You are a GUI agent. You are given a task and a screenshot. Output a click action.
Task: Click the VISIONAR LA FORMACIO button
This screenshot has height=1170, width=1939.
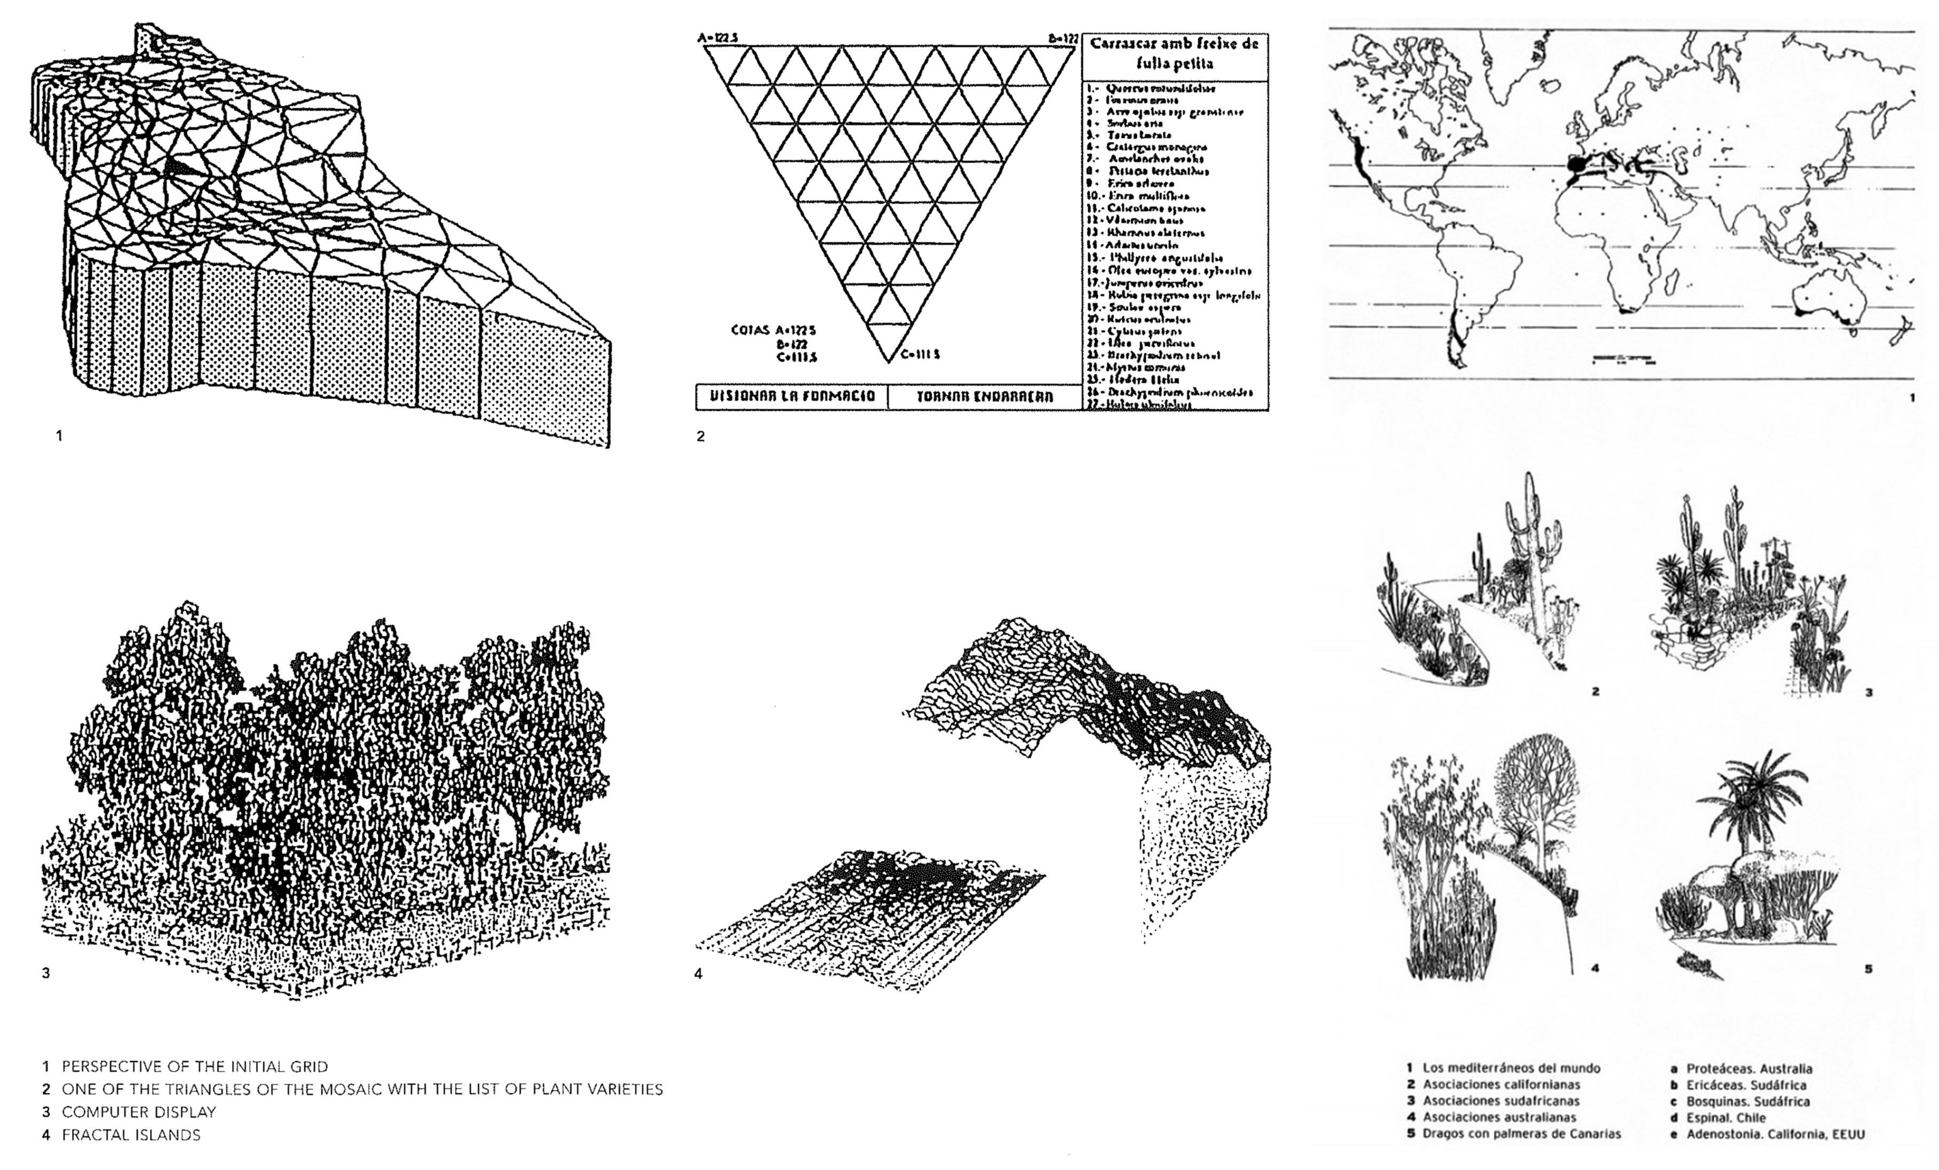tap(792, 396)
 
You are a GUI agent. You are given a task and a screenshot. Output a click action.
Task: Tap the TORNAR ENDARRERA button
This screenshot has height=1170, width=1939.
tap(985, 396)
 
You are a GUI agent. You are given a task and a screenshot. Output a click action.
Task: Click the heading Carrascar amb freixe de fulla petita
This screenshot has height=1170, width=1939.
tap(1174, 53)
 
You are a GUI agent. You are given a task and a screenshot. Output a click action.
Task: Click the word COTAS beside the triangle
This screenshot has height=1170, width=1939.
tap(751, 330)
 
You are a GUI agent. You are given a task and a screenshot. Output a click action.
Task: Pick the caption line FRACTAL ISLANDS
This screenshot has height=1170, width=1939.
tap(131, 1135)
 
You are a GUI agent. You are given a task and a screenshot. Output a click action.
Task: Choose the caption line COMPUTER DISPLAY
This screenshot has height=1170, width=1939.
tap(139, 1112)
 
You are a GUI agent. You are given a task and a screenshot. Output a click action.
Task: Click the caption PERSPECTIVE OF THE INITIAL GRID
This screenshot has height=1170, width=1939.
tap(194, 1067)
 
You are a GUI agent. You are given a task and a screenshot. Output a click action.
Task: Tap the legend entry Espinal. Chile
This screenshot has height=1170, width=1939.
tap(1726, 1117)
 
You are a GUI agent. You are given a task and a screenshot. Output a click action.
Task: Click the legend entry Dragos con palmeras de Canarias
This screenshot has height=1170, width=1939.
tap(1521, 1134)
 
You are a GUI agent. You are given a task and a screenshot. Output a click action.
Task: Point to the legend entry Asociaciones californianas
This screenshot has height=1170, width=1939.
tap(1501, 1084)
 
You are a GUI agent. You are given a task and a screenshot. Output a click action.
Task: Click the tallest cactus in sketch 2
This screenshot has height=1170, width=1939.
tap(1530, 551)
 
